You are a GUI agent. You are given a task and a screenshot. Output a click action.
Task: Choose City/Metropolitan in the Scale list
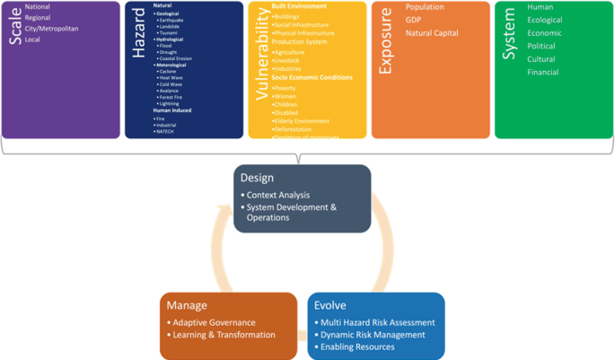click(x=51, y=29)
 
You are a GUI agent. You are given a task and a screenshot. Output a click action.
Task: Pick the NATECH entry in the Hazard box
click(x=165, y=132)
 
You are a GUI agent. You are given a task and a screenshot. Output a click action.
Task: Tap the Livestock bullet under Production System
click(x=289, y=60)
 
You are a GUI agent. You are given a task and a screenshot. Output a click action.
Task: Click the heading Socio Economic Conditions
click(x=312, y=77)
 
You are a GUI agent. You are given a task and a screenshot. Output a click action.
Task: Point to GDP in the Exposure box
click(x=413, y=20)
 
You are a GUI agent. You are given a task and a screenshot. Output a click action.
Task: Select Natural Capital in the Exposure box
click(x=431, y=33)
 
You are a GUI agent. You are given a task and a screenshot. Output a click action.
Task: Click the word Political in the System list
click(x=541, y=46)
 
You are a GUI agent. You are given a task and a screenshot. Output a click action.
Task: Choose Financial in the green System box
click(x=543, y=72)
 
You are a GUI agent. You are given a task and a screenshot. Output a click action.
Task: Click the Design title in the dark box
click(x=257, y=178)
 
